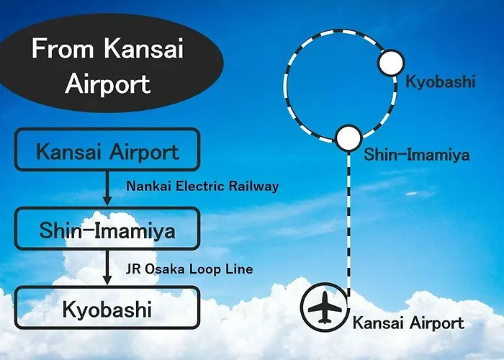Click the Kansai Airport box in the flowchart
(x=107, y=150)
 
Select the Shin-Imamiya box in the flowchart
(x=107, y=228)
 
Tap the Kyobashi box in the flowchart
(x=107, y=307)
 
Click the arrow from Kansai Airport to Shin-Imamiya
(x=107, y=189)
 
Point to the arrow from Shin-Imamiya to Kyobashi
(x=107, y=267)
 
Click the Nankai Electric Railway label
(x=202, y=186)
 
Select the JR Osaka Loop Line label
(x=189, y=269)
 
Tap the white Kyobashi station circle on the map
(x=391, y=63)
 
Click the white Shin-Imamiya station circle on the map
(x=349, y=138)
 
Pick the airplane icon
(x=325, y=307)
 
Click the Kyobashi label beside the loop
(x=441, y=81)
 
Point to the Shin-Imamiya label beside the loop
(x=417, y=155)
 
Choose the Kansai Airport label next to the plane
(x=408, y=323)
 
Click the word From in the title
(x=63, y=48)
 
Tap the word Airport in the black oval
(x=108, y=84)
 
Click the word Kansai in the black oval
(x=144, y=48)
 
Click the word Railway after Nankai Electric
(x=253, y=186)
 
